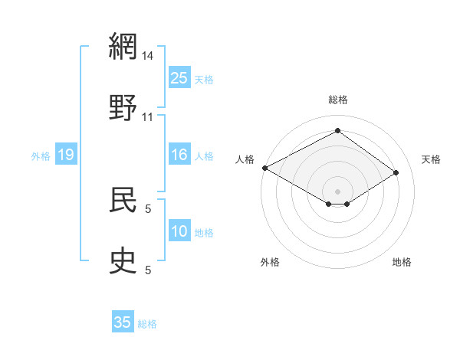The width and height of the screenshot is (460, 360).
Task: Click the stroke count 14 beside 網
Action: click(148, 56)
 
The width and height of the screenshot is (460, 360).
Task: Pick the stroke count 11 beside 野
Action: click(148, 117)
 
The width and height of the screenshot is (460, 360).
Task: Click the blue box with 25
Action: click(179, 78)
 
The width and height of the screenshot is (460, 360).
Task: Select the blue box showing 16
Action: click(179, 155)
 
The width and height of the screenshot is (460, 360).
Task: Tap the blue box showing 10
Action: click(179, 231)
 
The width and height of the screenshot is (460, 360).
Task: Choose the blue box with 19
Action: click(65, 155)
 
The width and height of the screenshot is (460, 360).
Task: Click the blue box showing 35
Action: click(123, 322)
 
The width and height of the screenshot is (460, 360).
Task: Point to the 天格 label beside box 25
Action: click(204, 79)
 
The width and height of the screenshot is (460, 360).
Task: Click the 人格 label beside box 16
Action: click(204, 156)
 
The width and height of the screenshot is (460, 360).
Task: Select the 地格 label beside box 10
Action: click(204, 232)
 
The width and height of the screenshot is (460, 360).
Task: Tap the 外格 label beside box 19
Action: click(41, 156)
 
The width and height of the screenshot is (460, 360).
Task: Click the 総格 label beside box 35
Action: click(147, 323)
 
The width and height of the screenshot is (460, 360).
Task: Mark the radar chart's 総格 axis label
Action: click(337, 100)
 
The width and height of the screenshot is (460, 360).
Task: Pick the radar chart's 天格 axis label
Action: click(431, 159)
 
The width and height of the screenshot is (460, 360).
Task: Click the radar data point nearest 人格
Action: click(264, 168)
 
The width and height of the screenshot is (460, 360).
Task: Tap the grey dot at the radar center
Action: click(337, 191)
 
